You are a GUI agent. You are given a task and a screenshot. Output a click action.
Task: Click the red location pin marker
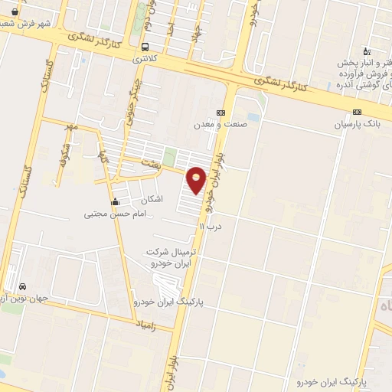click(197, 180)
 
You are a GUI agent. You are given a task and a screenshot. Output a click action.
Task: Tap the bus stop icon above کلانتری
click(145, 47)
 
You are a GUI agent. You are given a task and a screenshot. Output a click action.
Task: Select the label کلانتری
click(144, 58)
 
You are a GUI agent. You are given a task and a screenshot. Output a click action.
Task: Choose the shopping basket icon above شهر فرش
click(15, 11)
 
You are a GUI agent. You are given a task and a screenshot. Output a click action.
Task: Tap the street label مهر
click(72, 126)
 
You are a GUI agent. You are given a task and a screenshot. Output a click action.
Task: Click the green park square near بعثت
click(169, 157)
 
